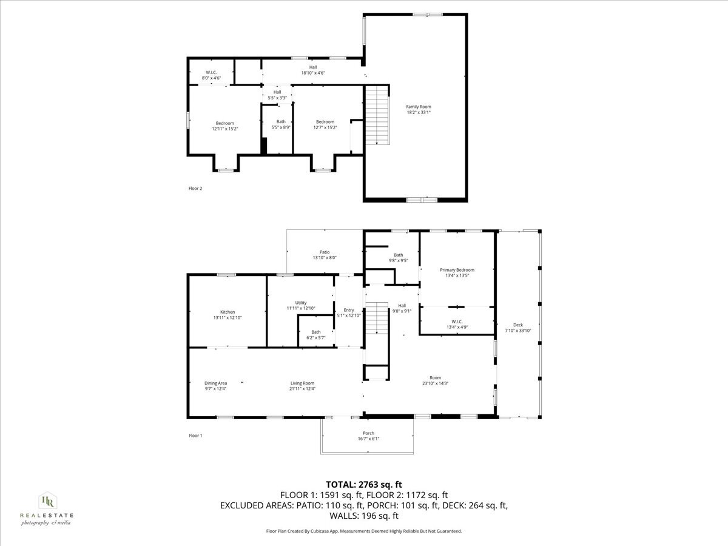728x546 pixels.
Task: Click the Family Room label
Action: pos(419,109)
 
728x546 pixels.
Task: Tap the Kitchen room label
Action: pos(223,315)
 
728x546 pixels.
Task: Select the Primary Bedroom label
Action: pos(457,272)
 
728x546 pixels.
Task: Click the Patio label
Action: pos(325,255)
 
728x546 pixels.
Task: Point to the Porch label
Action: pos(368,436)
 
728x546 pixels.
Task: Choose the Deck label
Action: pos(517,328)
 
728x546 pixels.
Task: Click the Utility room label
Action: pos(301,305)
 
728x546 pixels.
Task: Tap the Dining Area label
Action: pos(215,386)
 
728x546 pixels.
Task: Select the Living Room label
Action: pos(302,386)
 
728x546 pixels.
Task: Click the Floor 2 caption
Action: pos(195,189)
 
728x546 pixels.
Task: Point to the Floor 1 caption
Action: pos(195,436)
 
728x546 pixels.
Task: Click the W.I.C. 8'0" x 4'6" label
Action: pos(211,75)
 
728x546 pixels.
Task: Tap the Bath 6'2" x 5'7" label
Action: pos(316,335)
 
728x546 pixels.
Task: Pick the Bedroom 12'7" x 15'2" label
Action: pos(325,124)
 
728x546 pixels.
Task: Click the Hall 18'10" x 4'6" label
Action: pos(313,70)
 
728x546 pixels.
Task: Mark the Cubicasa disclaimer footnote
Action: pos(364,531)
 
